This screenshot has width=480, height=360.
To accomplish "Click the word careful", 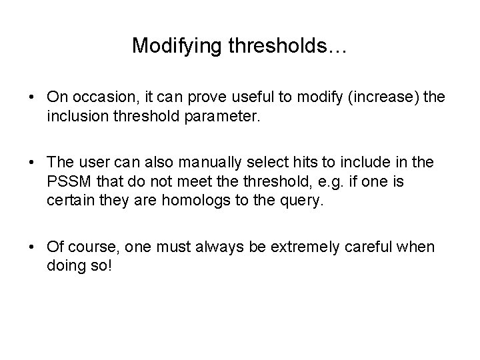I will click(355, 247).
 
